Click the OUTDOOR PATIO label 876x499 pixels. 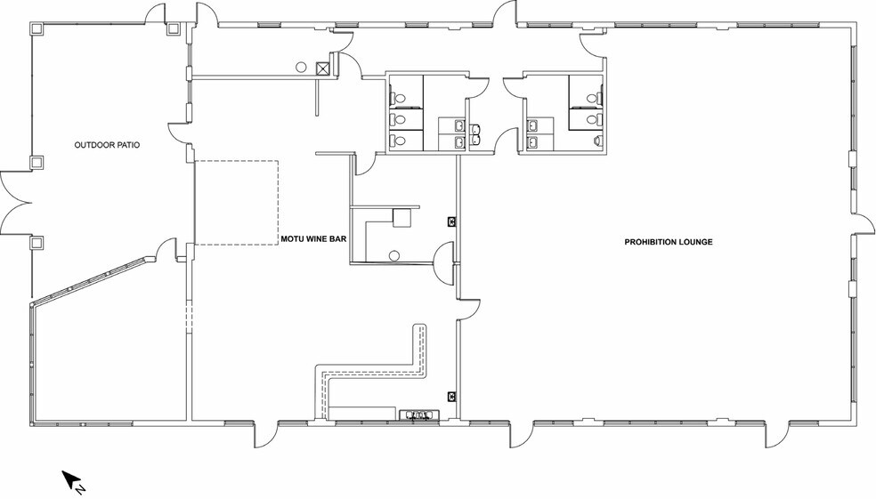pyautogui.click(x=107, y=145)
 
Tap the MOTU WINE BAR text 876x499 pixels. pyautogui.click(x=313, y=239)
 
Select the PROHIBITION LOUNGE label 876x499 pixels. pyautogui.click(x=669, y=242)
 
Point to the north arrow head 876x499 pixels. pyautogui.click(x=69, y=478)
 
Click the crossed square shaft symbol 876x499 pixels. pyautogui.click(x=323, y=68)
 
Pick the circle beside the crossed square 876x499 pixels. pyautogui.click(x=301, y=67)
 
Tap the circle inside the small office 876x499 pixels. pyautogui.click(x=393, y=255)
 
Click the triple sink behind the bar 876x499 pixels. pyautogui.click(x=419, y=414)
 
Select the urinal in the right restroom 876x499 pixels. pyautogui.click(x=598, y=141)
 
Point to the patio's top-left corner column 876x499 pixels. pyautogui.click(x=36, y=29)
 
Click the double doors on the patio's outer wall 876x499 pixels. pyautogui.click(x=15, y=203)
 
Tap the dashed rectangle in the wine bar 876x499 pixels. pyautogui.click(x=236, y=203)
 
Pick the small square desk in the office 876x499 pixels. pyautogui.click(x=401, y=218)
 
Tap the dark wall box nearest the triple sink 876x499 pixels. pyautogui.click(x=451, y=397)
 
